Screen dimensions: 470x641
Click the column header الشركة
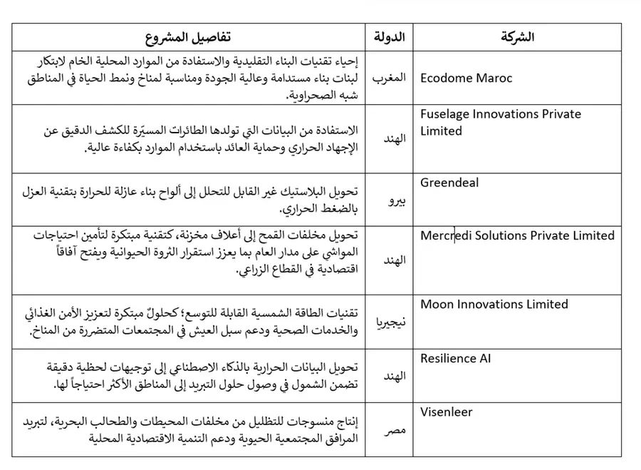coord(518,37)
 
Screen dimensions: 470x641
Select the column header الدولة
coord(390,37)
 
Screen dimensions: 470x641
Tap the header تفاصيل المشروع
coord(188,37)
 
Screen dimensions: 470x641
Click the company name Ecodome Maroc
coord(466,78)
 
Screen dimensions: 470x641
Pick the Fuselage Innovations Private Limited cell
coord(501,123)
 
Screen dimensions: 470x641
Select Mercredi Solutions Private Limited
coord(517,235)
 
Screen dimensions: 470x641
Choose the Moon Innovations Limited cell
coord(494,305)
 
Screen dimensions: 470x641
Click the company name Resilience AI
coord(456,358)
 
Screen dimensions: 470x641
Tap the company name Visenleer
coord(447,412)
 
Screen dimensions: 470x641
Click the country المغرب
coord(390,78)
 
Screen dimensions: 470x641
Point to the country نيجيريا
coord(390,322)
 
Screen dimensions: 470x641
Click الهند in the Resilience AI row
coord(394,376)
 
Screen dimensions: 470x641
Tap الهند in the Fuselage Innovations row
coord(394,138)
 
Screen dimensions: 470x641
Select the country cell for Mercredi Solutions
coord(394,260)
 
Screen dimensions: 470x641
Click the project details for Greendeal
coord(189,200)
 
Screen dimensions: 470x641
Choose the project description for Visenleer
coord(189,429)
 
